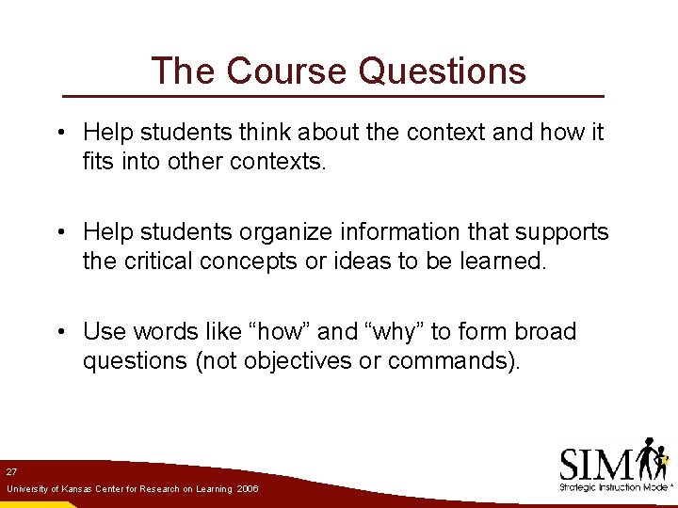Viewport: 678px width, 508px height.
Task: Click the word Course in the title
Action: pyautogui.click(x=287, y=71)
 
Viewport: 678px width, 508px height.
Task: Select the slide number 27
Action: pyautogui.click(x=11, y=470)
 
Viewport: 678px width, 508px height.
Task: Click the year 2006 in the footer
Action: pyautogui.click(x=248, y=489)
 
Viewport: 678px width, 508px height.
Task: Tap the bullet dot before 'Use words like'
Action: pyautogui.click(x=59, y=332)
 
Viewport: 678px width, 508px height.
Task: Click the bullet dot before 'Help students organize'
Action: pyautogui.click(x=59, y=232)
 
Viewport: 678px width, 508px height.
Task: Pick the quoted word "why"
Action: pyautogui.click(x=394, y=331)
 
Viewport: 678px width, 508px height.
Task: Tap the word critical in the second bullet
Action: pyautogui.click(x=161, y=261)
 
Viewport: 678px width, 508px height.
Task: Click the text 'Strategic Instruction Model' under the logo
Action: pyautogui.click(x=613, y=487)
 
